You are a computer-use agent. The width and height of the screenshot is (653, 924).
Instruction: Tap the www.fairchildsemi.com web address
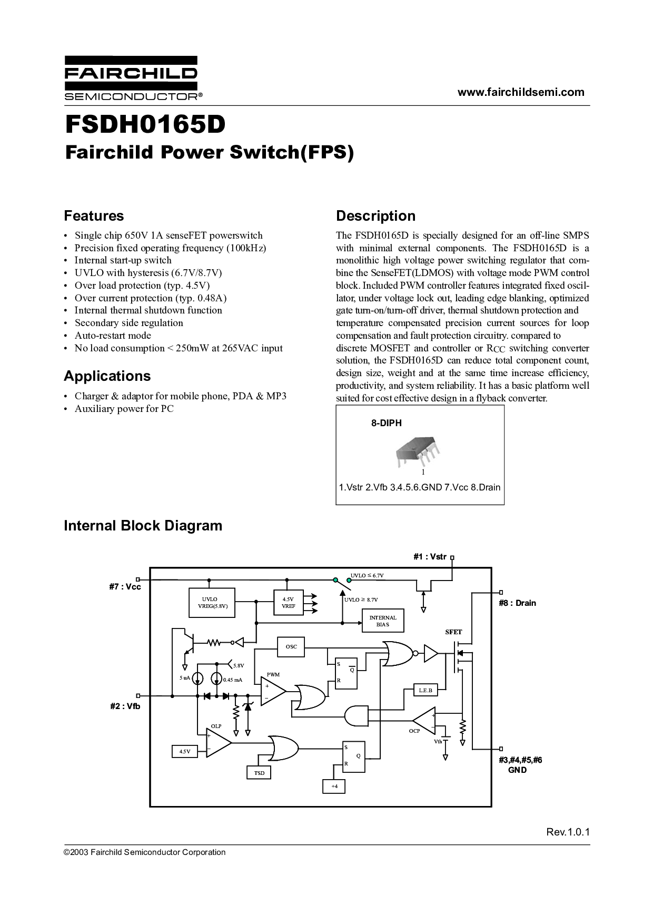520,92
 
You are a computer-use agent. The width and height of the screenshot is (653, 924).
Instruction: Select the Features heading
94,216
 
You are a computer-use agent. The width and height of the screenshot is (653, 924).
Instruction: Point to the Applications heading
107,376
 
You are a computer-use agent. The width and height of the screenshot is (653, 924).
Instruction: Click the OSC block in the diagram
291,646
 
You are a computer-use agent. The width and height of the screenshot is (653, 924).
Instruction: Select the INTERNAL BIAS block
383,621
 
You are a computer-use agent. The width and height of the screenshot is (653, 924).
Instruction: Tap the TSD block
259,773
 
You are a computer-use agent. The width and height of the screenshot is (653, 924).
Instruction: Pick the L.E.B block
425,690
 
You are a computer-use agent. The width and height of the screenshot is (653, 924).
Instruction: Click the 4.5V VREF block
288,603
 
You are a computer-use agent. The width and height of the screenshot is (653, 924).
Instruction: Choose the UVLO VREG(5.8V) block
212,603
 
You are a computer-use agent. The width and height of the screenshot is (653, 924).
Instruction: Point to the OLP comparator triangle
217,743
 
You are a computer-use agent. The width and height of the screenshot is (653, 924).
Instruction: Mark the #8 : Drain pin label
517,603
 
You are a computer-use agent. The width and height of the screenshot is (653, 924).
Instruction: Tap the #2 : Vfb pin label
125,706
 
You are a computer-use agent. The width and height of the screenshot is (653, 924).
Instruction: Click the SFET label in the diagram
453,632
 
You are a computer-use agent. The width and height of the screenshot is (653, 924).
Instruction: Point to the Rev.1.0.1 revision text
568,832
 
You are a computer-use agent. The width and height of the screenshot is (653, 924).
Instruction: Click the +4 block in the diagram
334,787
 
